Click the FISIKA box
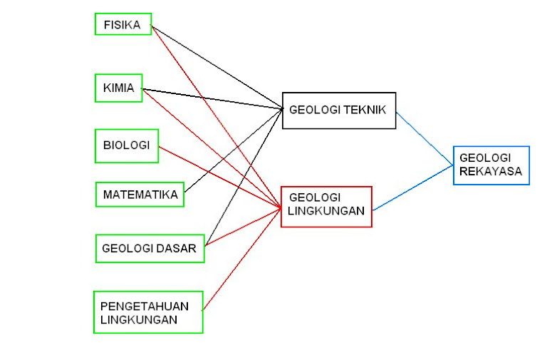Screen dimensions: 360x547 click(x=123, y=24)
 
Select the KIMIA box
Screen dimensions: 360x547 click(x=118, y=88)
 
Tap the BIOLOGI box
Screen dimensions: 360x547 click(x=126, y=145)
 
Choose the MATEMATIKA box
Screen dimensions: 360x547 click(x=140, y=194)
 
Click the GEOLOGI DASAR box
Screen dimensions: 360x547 click(x=149, y=248)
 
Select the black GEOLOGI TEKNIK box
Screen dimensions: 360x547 click(x=338, y=110)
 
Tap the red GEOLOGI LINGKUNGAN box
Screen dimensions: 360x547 click(x=326, y=206)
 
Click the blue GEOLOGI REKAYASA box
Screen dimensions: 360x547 click(x=491, y=165)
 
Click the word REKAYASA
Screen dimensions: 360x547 click(x=491, y=171)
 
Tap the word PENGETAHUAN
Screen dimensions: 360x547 click(x=145, y=306)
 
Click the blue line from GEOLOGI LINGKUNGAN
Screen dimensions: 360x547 click(x=413, y=188)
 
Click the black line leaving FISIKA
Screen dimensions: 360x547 click(x=214, y=66)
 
